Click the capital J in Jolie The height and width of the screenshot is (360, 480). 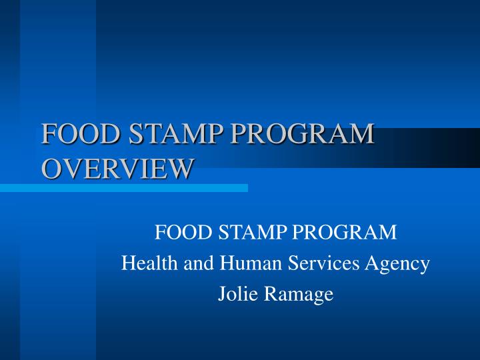[222, 294]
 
